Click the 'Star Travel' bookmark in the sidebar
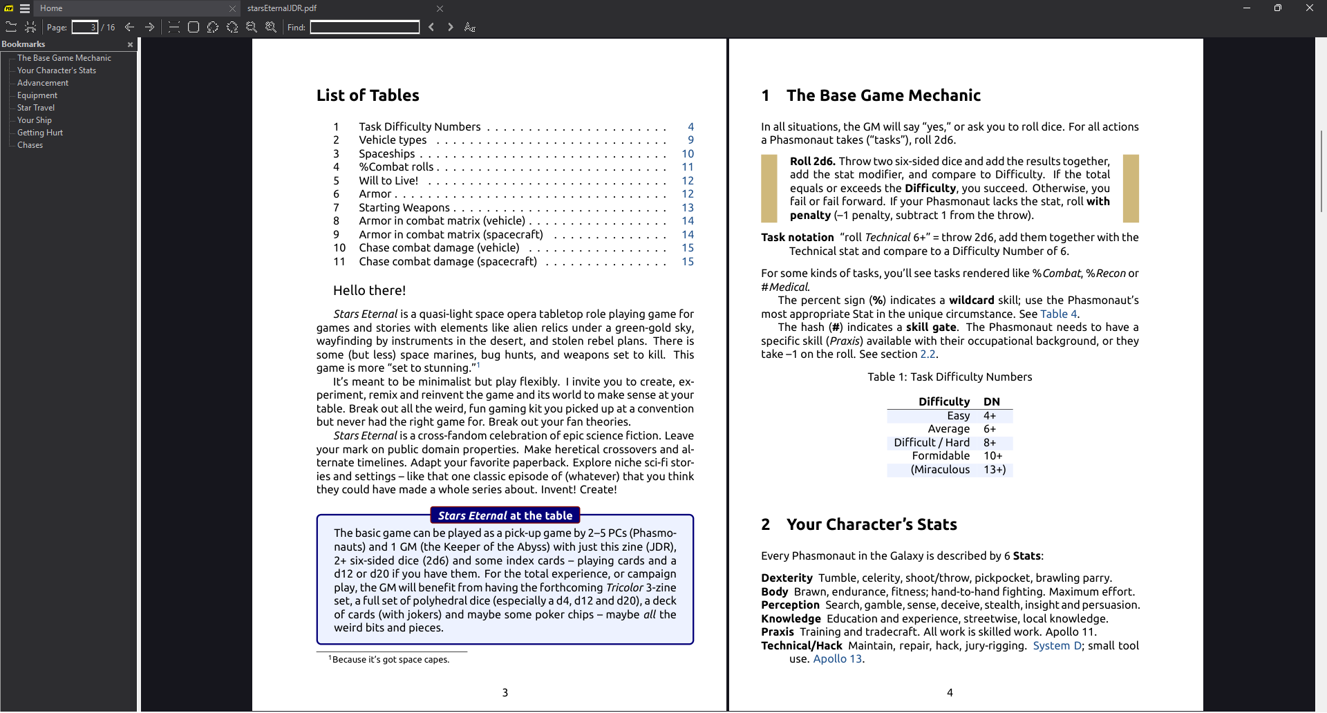[x=36, y=108]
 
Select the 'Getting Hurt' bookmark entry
[x=40, y=133]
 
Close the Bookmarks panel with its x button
[x=130, y=45]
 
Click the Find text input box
[x=364, y=28]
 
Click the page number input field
[x=84, y=28]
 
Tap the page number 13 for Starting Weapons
[x=687, y=208]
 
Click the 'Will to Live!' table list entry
[x=388, y=181]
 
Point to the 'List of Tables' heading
[x=368, y=95]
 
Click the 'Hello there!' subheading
[x=369, y=291]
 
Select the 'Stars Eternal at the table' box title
[x=505, y=516]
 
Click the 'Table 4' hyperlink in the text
[x=1058, y=314]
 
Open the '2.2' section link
[x=927, y=354]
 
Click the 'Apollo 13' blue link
[x=837, y=659]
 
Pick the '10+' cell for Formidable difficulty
[x=992, y=456]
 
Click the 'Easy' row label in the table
[x=958, y=416]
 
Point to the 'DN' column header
[x=991, y=402]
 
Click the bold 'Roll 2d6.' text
[x=812, y=162]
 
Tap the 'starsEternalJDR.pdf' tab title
[x=282, y=8]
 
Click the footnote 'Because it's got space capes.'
[x=390, y=660]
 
